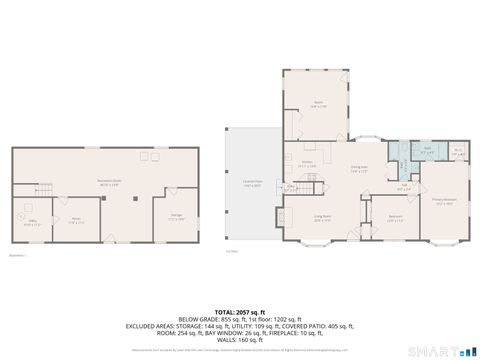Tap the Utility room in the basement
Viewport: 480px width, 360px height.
click(30, 222)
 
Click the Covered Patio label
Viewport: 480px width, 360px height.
click(251, 184)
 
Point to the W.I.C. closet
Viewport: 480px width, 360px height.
click(457, 152)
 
